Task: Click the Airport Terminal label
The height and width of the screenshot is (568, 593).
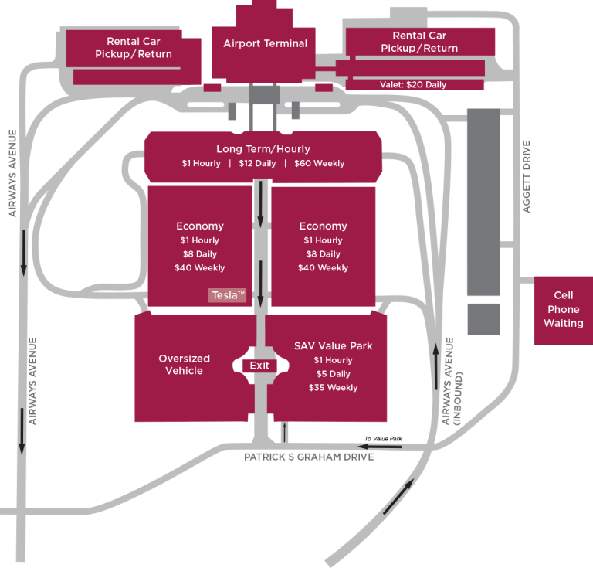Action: [265, 43]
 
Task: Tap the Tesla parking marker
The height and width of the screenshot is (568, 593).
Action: [229, 295]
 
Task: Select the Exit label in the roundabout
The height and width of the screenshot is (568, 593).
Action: [259, 366]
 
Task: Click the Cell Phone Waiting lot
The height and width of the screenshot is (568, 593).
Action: [563, 310]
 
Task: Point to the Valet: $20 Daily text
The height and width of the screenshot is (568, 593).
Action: [413, 85]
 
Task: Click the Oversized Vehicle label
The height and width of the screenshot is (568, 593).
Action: [185, 365]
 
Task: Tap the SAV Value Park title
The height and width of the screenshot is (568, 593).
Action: [333, 345]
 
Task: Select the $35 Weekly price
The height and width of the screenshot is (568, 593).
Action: [333, 388]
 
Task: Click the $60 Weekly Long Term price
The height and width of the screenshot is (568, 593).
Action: [319, 164]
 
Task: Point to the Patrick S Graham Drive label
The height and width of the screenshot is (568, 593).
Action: [309, 457]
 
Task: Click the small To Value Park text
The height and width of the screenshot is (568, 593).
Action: [383, 440]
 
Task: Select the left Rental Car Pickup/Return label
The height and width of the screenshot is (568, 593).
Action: [134, 48]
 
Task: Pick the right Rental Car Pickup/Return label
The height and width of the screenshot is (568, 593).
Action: [419, 42]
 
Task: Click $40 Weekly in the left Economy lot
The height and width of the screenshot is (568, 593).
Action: [199, 268]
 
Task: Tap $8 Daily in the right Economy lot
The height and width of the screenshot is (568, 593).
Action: [323, 254]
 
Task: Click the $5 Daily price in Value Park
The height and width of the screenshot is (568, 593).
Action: [333, 374]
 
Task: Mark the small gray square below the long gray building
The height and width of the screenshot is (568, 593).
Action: [483, 319]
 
